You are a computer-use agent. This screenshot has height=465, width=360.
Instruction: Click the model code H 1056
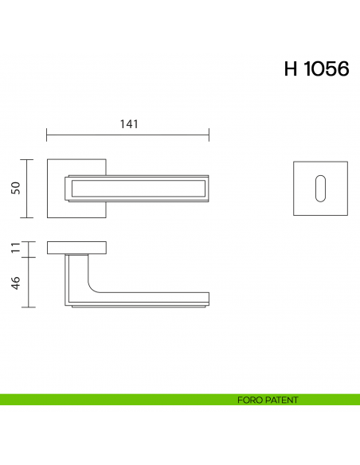(x=316, y=68)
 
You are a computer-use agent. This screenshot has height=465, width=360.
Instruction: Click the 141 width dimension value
(x=128, y=124)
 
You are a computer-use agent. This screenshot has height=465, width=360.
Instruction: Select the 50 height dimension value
(x=15, y=188)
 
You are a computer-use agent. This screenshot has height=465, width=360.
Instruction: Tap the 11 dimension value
(x=15, y=248)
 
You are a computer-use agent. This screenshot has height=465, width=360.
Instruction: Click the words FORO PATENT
(x=268, y=400)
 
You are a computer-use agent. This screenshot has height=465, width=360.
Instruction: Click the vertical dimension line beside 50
(x=29, y=188)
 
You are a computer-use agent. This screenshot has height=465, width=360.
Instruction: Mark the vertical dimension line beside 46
(x=29, y=282)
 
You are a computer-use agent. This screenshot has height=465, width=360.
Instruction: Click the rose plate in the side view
(x=76, y=247)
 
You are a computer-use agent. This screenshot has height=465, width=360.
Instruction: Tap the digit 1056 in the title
(x=327, y=68)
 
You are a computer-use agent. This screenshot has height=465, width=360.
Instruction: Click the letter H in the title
(x=291, y=68)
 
